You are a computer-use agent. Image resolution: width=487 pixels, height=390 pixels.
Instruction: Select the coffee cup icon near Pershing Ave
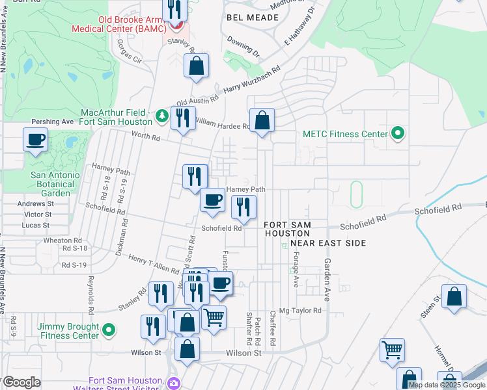[35, 138]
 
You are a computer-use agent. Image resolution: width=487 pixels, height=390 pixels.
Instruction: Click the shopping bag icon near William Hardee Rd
[262, 120]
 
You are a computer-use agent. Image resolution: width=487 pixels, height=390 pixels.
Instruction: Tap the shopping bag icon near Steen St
[454, 296]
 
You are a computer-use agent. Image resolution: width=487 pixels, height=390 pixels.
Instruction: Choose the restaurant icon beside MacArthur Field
[183, 118]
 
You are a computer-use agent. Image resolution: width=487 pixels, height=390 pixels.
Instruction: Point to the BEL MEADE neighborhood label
[252, 18]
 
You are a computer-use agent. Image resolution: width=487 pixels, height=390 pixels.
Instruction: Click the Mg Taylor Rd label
[301, 311]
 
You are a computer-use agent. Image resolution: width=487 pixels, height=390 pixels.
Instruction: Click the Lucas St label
[36, 226]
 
